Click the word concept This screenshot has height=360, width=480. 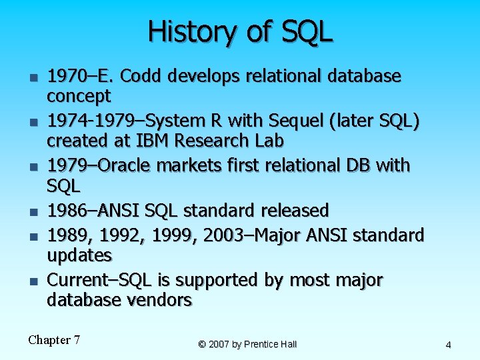tap(79, 97)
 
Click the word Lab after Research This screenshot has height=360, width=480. tap(267, 141)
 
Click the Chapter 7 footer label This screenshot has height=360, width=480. tap(54, 340)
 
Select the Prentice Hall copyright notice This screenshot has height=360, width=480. tap(247, 344)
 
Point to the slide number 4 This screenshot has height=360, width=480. tap(448, 345)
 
